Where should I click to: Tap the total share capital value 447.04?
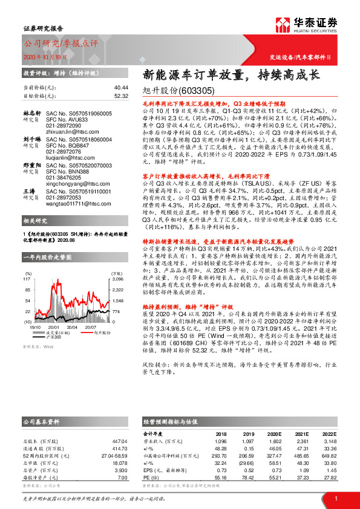tap(120, 441)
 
